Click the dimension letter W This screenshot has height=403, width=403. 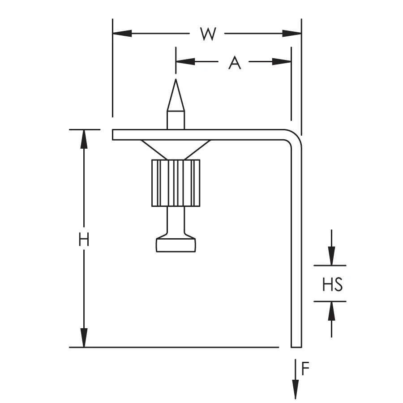(x=208, y=34)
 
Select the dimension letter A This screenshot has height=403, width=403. (x=234, y=62)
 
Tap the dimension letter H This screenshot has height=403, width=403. (x=84, y=240)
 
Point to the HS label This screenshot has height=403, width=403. (x=332, y=284)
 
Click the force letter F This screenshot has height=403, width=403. (x=305, y=369)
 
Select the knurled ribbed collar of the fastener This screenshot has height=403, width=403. (x=176, y=183)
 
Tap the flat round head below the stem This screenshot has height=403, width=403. (x=176, y=244)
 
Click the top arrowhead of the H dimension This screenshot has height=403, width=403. (x=84, y=139)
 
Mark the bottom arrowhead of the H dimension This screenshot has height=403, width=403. (x=84, y=338)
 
